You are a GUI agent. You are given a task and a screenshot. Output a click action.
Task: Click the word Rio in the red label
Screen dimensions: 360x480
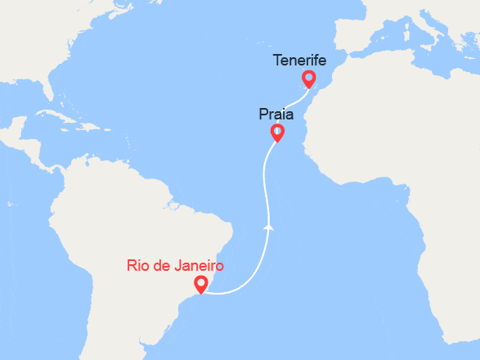pos(138,266)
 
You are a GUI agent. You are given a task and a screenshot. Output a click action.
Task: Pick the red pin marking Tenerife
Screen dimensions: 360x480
pos(308,79)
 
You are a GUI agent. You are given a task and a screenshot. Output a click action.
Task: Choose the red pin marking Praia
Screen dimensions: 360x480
pos(277,133)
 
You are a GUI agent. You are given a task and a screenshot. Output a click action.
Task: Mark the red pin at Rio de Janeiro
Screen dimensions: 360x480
pos(200,284)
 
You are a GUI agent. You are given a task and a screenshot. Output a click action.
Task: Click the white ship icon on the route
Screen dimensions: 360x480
pos(269,224)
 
